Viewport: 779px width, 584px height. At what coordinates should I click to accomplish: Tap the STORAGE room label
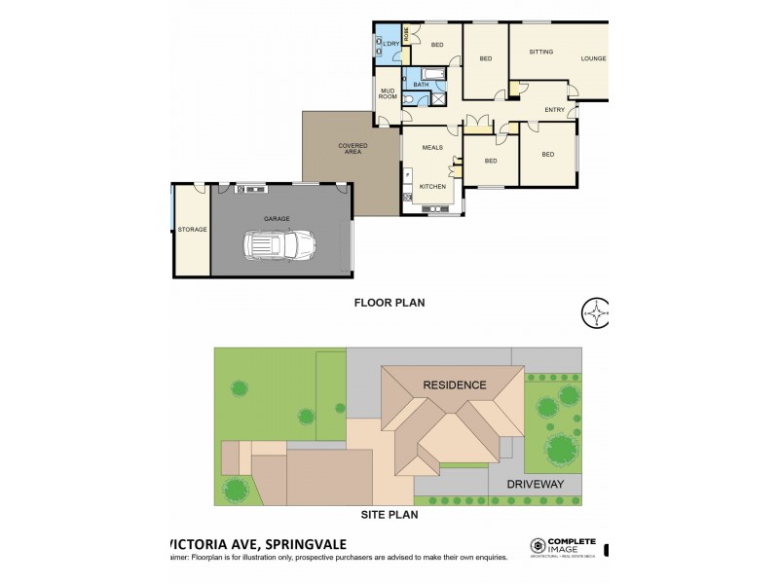coord(191,229)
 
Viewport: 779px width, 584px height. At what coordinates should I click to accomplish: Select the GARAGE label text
coord(277,219)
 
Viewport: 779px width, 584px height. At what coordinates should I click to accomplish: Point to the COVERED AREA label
coord(352,148)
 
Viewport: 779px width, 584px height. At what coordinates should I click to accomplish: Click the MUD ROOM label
coord(388,94)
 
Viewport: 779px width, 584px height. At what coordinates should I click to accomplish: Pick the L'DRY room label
coord(389,44)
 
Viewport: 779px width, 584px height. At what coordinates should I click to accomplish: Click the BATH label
coord(420,85)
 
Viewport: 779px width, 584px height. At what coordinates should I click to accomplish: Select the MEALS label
coord(432,147)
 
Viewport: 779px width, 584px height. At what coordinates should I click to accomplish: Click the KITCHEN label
coord(432,186)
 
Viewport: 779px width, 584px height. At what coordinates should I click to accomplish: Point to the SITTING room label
coord(541,51)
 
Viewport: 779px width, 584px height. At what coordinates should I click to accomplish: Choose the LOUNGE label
coord(593,58)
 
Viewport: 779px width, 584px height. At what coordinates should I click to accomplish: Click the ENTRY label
coord(554,109)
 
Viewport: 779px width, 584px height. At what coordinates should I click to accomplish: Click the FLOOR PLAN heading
coord(389,303)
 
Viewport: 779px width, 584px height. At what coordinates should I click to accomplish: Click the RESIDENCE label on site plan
coord(454,384)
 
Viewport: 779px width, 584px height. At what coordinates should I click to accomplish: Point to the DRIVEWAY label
coord(535,483)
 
